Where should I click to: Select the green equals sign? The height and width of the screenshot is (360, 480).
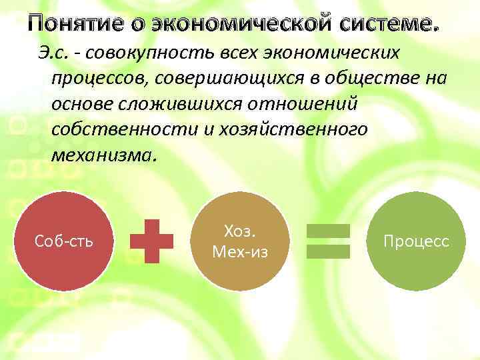[328, 241]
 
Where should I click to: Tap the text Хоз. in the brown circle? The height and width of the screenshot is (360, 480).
[240, 231]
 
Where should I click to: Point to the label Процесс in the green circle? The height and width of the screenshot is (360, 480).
[416, 241]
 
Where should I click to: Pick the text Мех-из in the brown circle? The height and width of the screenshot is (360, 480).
[240, 251]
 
